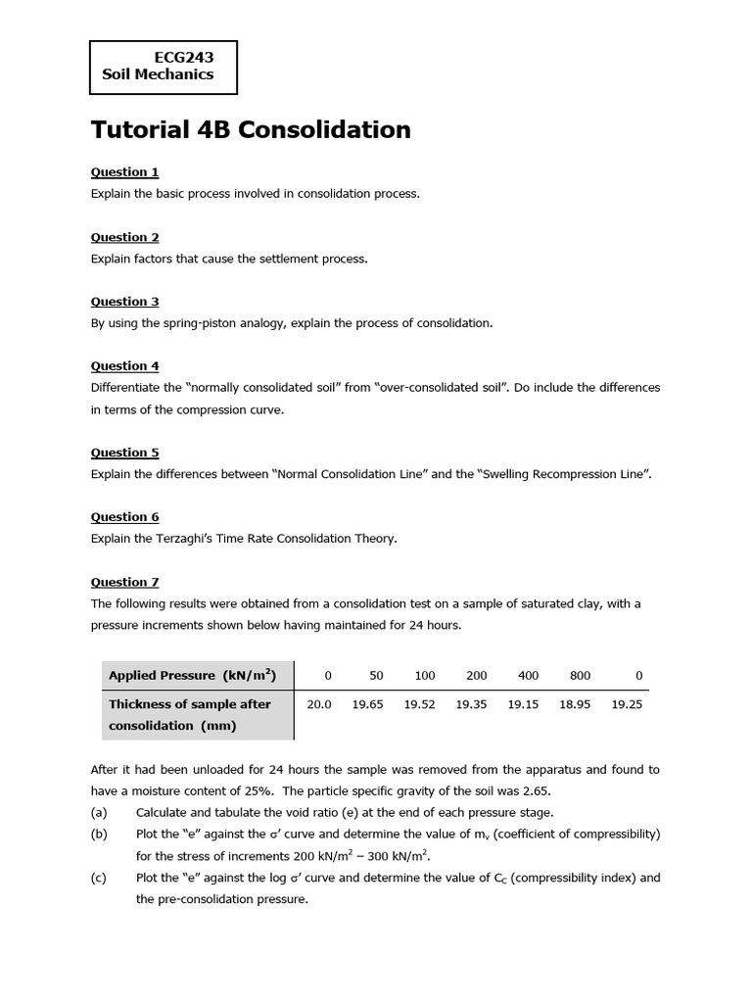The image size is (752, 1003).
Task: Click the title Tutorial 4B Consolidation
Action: [251, 130]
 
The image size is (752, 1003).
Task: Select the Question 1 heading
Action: [124, 172]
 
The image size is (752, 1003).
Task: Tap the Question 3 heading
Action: [124, 302]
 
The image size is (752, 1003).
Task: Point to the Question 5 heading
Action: [124, 453]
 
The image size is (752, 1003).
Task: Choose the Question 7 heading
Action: [124, 582]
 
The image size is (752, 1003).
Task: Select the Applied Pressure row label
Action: [192, 676]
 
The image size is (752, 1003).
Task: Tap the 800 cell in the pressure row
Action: [580, 676]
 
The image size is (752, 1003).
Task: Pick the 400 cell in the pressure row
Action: [528, 676]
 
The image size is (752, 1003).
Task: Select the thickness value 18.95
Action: [575, 704]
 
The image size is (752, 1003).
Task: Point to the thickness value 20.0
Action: [319, 704]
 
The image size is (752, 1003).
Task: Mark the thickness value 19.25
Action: [627, 704]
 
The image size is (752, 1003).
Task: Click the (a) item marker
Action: [99, 813]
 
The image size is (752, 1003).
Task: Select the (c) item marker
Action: [99, 878]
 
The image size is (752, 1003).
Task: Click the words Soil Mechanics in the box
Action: [158, 74]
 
